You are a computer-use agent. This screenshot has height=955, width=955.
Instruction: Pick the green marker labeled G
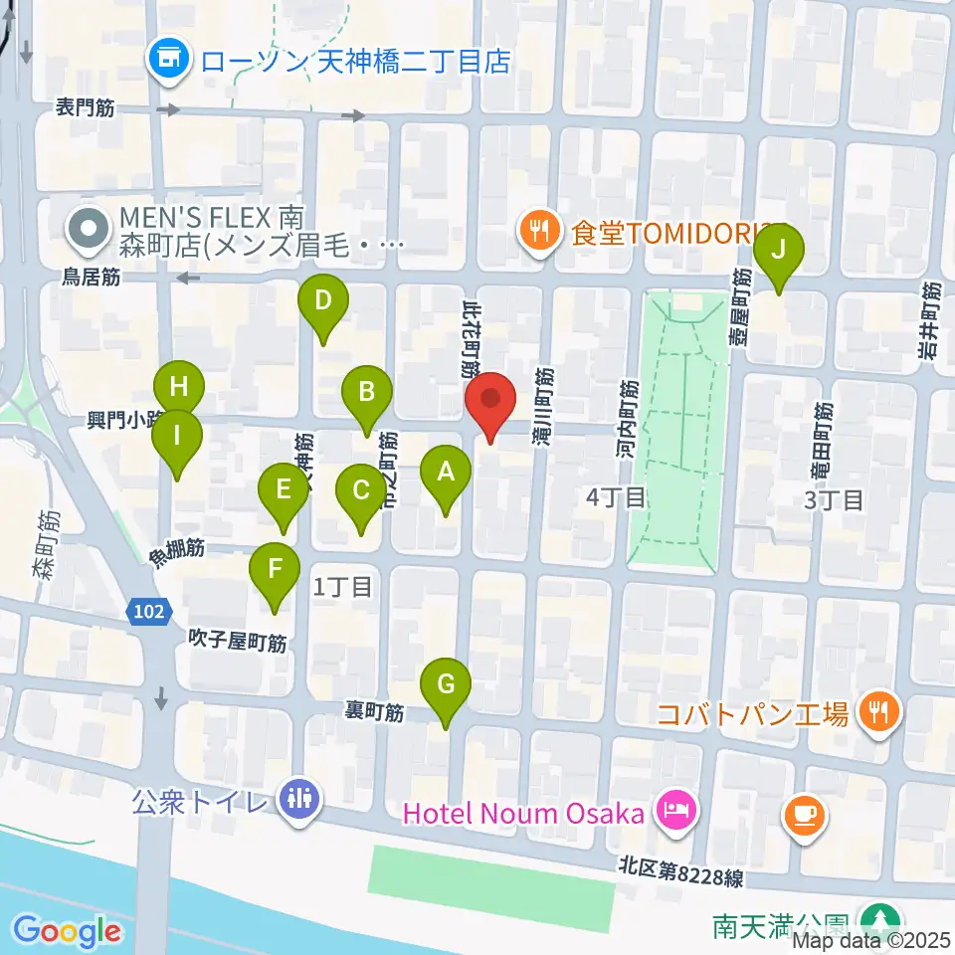coord(446,686)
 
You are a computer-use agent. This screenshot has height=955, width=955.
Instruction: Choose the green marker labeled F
coord(275,571)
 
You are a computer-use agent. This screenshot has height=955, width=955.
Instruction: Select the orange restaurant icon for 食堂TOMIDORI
coord(539,233)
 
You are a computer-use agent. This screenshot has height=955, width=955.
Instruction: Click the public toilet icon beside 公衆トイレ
coord(298,798)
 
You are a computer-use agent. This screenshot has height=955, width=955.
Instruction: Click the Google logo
coord(68,931)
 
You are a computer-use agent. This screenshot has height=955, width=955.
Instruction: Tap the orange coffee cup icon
coord(804,816)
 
